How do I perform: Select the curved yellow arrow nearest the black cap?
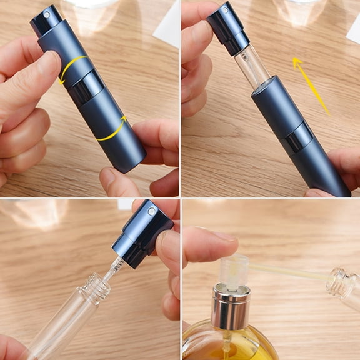pos(71,67)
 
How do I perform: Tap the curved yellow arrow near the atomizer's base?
pos(114,128)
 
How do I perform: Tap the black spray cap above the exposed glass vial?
pos(227,28)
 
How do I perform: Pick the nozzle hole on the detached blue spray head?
pos(151,211)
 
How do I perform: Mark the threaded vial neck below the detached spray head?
pos(95,287)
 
